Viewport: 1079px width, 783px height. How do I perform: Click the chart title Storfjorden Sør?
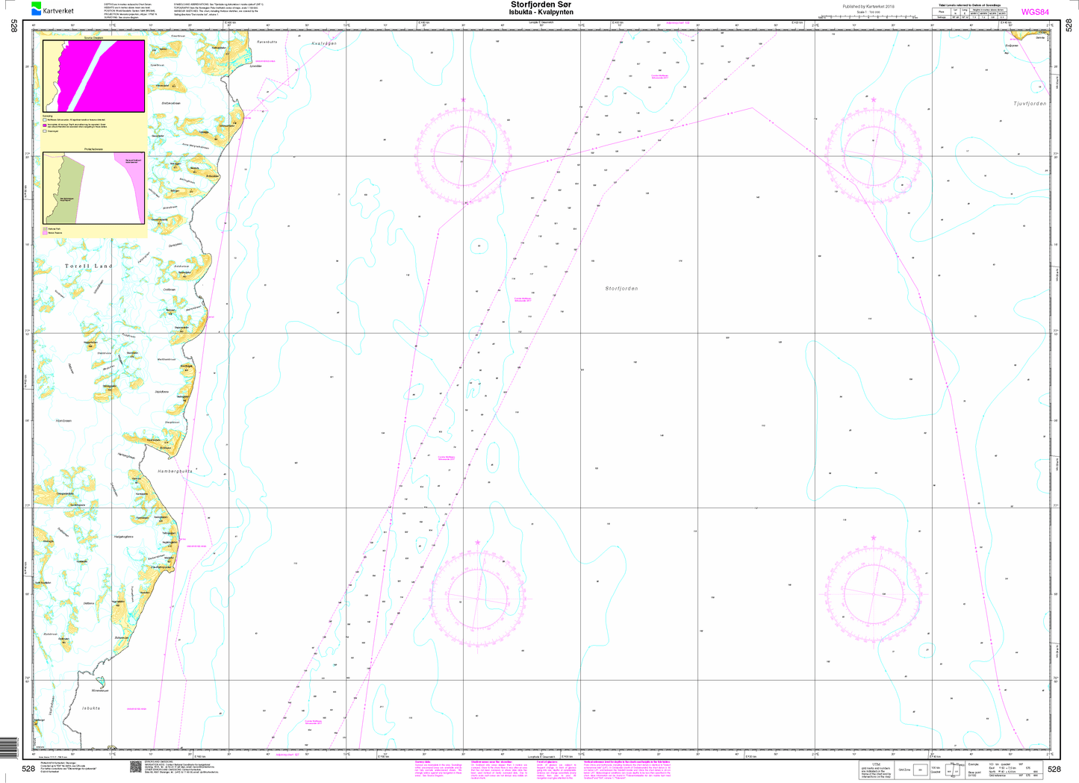click(x=541, y=4)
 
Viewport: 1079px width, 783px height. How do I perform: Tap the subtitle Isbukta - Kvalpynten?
click(x=541, y=13)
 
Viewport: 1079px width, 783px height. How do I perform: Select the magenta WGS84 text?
click(x=1034, y=12)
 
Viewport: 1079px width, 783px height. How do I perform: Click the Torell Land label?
click(x=88, y=266)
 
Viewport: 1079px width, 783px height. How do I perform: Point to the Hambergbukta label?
click(x=175, y=472)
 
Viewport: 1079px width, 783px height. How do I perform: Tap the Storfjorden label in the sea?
click(x=621, y=288)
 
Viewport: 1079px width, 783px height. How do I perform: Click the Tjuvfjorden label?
click(x=1030, y=104)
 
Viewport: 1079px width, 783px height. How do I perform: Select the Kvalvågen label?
click(x=323, y=44)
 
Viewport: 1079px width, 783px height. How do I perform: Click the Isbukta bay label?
click(x=90, y=708)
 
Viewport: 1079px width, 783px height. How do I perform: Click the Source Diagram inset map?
click(x=93, y=75)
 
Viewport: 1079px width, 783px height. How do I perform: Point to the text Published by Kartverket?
click(x=868, y=7)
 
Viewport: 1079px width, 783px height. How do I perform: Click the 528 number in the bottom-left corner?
click(x=28, y=769)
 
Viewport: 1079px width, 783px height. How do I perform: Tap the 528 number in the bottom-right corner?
click(x=1054, y=769)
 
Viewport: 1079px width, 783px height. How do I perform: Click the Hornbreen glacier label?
click(x=64, y=421)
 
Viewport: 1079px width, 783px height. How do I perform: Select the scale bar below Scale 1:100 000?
click(x=868, y=16)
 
